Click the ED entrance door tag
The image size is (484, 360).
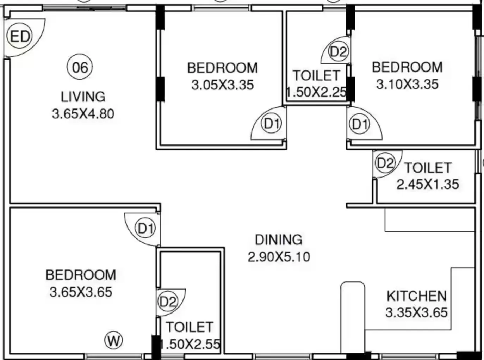[20, 36]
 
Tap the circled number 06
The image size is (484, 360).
[80, 67]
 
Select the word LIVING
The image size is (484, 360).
[83, 97]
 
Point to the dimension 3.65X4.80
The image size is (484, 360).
[83, 114]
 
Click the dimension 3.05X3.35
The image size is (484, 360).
[223, 85]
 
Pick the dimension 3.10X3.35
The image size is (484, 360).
[408, 84]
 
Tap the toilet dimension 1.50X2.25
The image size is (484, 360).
[316, 92]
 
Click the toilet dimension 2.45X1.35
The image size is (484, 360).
[428, 184]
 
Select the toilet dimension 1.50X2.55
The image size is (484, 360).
[190, 344]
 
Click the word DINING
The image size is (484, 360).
[279, 240]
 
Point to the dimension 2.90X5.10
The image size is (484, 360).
[279, 256]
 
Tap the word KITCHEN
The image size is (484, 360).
[417, 296]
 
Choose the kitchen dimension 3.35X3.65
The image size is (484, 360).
[417, 312]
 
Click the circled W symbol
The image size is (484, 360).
[113, 340]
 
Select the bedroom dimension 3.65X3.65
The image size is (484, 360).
[81, 292]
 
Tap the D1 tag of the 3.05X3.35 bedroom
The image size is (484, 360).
[272, 124]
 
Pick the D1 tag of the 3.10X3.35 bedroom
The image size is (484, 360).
[360, 124]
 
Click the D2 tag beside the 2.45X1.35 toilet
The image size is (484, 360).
[385, 163]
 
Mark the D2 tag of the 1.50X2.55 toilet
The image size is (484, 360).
[168, 302]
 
